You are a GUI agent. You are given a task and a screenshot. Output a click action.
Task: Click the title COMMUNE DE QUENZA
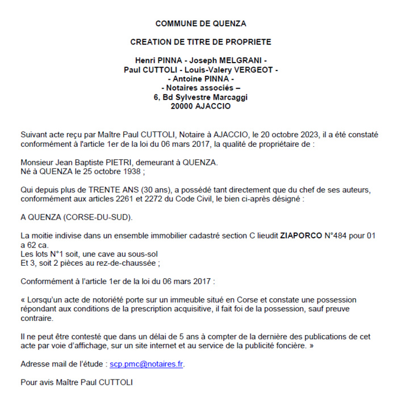[200, 24]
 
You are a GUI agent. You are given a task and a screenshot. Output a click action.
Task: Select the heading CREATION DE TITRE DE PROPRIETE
[200, 42]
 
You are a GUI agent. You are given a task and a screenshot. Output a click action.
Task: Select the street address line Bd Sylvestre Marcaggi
[205, 97]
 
